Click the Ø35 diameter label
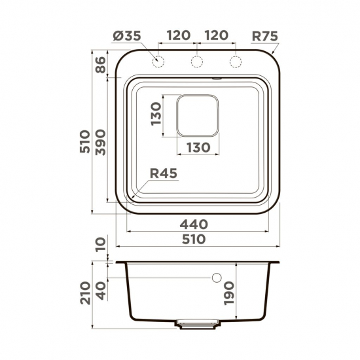126,37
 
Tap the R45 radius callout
164,173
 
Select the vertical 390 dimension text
100,141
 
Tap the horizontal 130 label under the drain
196,147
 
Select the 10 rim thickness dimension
100,245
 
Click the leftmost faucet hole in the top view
158,62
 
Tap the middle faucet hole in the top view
196,62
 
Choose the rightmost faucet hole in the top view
234,62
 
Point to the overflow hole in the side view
217,278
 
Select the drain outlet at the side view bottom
198,323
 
